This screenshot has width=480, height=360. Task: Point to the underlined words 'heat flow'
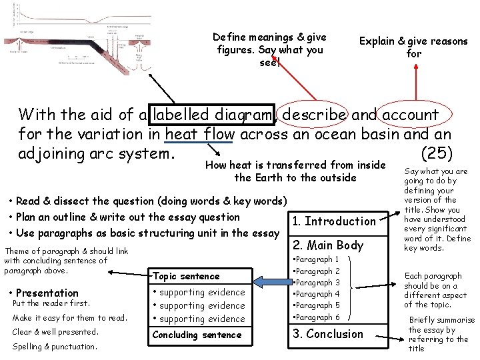click(199, 135)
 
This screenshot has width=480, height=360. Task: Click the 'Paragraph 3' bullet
click(319, 283)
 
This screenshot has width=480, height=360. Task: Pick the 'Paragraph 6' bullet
click(319, 317)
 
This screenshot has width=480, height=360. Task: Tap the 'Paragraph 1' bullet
click(319, 259)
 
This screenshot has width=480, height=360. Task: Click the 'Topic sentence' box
click(199, 276)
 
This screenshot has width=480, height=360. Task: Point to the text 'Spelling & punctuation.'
click(55, 346)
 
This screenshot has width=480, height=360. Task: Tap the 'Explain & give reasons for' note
click(413, 47)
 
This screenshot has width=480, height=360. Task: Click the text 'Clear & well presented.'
click(55, 332)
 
